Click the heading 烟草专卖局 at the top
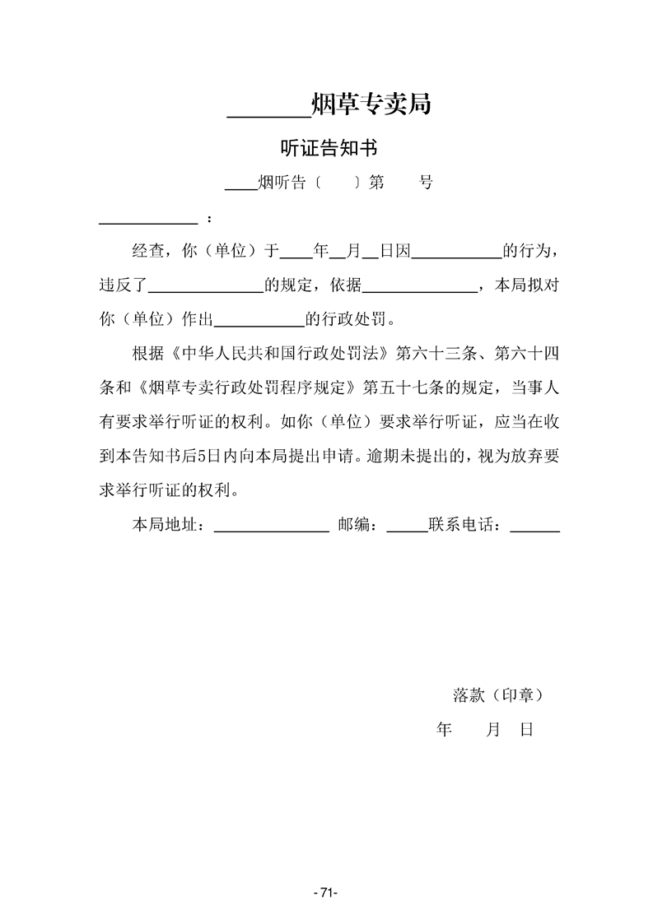click(x=371, y=104)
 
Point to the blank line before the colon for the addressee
click(x=148, y=222)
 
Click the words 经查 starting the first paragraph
click(x=148, y=251)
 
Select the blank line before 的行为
click(x=455, y=257)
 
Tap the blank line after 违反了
click(x=205, y=291)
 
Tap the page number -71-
click(x=327, y=893)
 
